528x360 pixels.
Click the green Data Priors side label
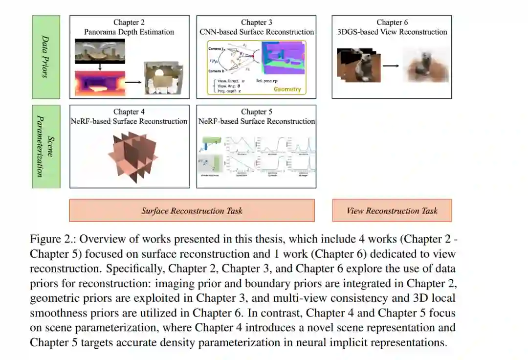[46, 57]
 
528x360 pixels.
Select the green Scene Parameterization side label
[46, 146]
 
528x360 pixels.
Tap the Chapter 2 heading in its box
[129, 22]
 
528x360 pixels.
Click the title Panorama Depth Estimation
[129, 32]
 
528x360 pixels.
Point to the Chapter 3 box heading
[257, 22]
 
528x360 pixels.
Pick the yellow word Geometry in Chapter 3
[287, 90]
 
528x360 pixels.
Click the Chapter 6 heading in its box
[392, 22]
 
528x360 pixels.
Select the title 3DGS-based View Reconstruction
[392, 32]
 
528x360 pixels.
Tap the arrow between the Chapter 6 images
[390, 65]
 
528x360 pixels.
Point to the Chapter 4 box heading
[129, 112]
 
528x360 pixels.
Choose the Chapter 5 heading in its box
[257, 112]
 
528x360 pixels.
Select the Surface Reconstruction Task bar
[192, 211]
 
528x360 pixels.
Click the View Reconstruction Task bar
[392, 211]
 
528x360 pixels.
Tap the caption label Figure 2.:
[53, 239]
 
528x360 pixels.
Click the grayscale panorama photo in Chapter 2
[100, 52]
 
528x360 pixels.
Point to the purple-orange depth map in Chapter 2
[100, 83]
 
